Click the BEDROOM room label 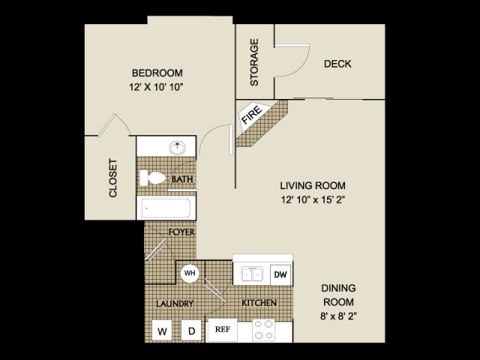point(157,73)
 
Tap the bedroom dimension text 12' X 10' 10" point(157,87)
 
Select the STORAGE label point(254,62)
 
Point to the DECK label point(337,64)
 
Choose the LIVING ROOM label point(313,185)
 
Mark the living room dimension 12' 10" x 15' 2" point(313,199)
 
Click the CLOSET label point(114,178)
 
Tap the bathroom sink point(178,148)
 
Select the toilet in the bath point(154,178)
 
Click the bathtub point(166,208)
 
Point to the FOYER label point(181,232)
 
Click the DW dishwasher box point(280,274)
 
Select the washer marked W point(162,330)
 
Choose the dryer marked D point(191,330)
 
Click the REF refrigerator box point(222,328)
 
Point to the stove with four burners point(263,330)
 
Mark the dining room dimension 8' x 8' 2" point(338,316)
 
